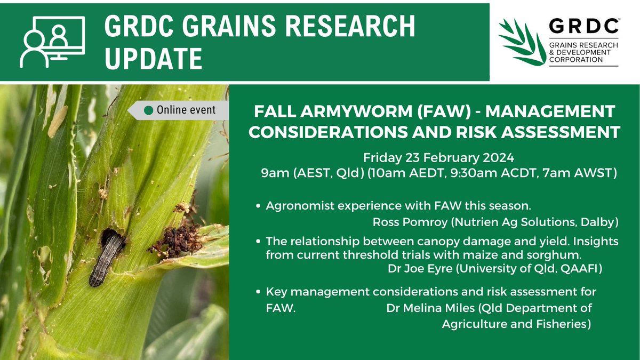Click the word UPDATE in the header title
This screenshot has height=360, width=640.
(154, 58)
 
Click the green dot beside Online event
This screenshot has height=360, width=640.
(149, 110)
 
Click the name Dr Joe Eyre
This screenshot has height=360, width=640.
(418, 269)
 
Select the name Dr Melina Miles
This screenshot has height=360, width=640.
(427, 308)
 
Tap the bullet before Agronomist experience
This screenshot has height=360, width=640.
(258, 206)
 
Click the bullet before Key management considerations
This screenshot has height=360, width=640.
(258, 292)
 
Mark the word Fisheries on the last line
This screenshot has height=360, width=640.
(567, 324)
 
